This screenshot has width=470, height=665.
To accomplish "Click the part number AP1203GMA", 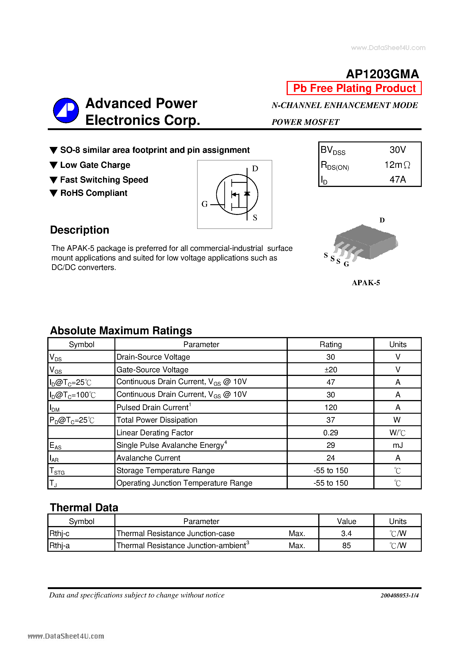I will [382, 74].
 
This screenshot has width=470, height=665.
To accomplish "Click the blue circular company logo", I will [66, 110].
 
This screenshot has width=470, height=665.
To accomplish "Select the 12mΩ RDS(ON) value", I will [397, 165].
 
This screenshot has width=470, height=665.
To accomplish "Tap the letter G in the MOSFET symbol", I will [205, 204].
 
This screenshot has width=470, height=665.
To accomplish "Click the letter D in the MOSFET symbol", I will [255, 169].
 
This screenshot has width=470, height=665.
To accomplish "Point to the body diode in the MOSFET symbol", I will [247, 194].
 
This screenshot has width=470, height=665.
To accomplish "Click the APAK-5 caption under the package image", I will [366, 283].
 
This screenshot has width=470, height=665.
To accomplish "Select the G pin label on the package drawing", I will [346, 264].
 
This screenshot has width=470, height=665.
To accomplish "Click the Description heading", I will [80, 230].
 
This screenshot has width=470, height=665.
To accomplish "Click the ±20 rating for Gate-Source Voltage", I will [330, 370].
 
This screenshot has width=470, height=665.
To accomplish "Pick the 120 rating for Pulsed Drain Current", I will [330, 408].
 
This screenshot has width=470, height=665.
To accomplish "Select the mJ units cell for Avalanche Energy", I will [398, 445].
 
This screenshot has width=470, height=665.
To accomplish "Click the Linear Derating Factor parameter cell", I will [155, 433].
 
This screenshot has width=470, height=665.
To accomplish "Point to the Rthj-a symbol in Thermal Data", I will [60, 546].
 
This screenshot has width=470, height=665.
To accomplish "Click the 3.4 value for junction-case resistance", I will [346, 534].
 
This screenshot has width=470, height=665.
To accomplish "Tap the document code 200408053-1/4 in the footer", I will [399, 595].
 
